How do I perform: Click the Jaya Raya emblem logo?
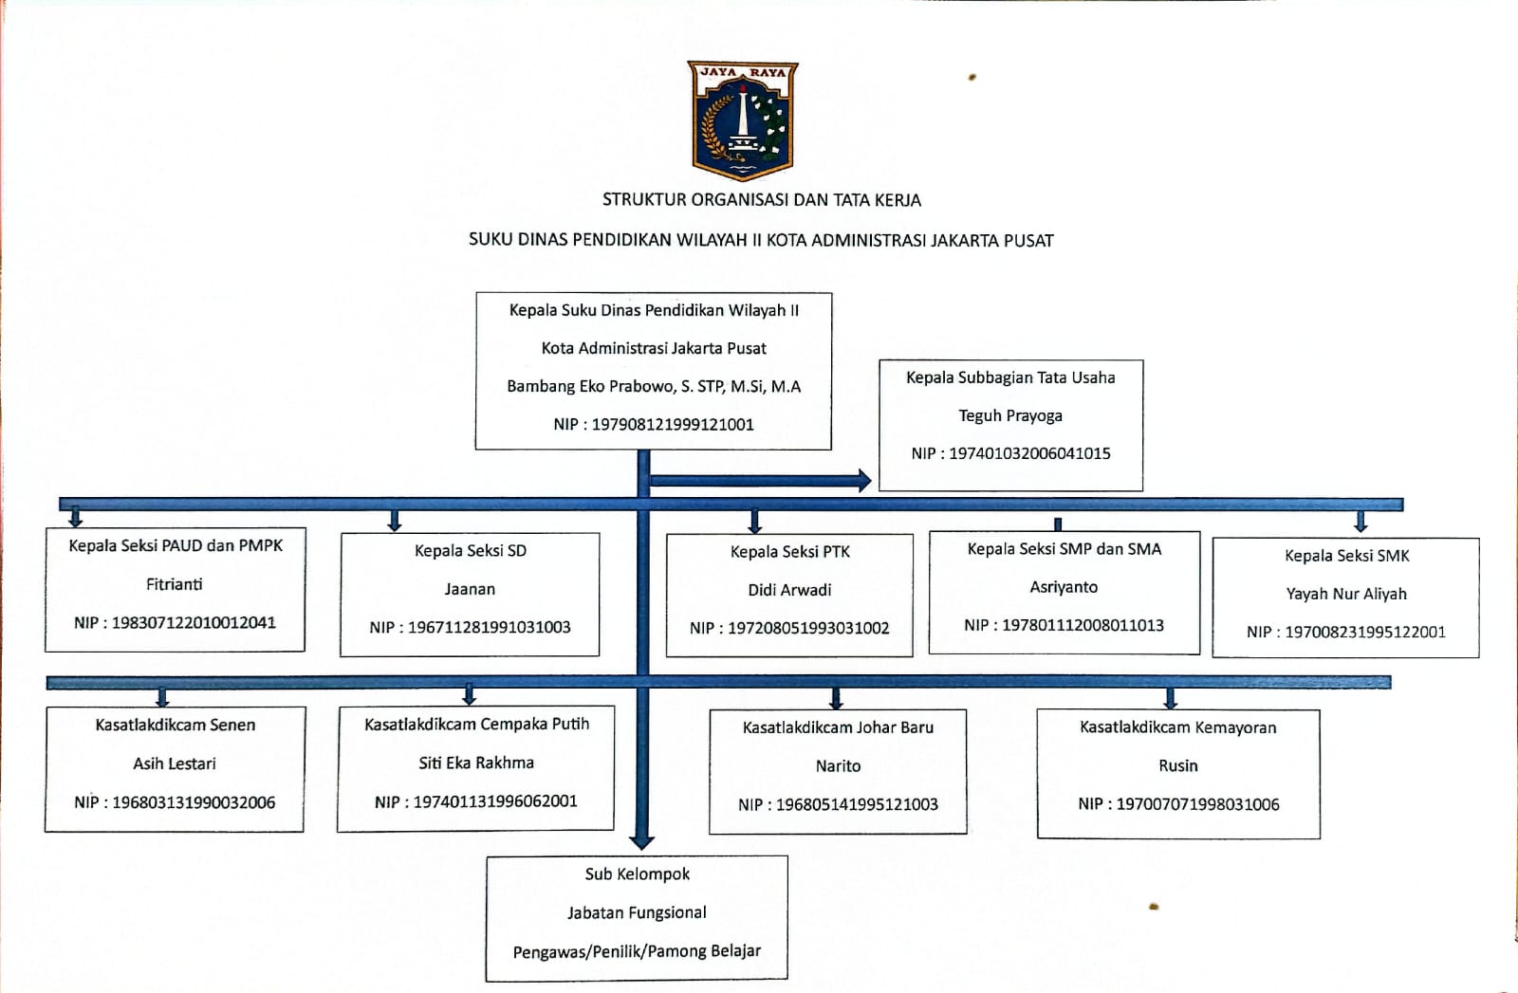(742, 120)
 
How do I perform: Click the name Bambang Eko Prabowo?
(592, 386)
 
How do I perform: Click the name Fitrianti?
(174, 584)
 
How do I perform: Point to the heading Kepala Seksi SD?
(470, 551)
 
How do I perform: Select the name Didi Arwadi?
(789, 590)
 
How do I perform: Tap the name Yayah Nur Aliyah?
(1345, 594)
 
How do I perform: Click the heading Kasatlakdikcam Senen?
(175, 725)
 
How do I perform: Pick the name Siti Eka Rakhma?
(476, 763)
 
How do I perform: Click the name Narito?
(838, 765)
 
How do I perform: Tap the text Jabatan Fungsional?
(637, 912)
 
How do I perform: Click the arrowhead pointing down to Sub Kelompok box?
(642, 841)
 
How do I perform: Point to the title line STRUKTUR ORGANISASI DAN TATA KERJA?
(761, 200)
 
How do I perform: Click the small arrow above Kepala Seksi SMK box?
(1361, 523)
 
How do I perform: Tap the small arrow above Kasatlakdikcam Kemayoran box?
(1170, 700)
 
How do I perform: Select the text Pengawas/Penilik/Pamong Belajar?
(637, 951)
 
